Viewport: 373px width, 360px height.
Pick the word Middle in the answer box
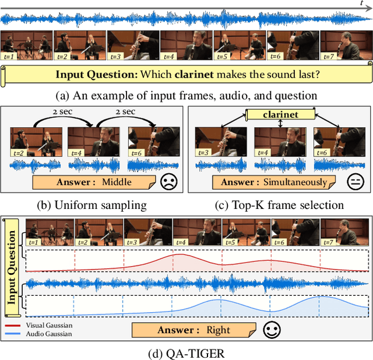coord(117,182)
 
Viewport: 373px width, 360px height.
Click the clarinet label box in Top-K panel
coord(281,115)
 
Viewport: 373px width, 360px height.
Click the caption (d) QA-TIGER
coord(186,352)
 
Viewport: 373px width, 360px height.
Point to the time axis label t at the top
coord(361,4)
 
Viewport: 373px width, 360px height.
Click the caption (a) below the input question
coord(186,95)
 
